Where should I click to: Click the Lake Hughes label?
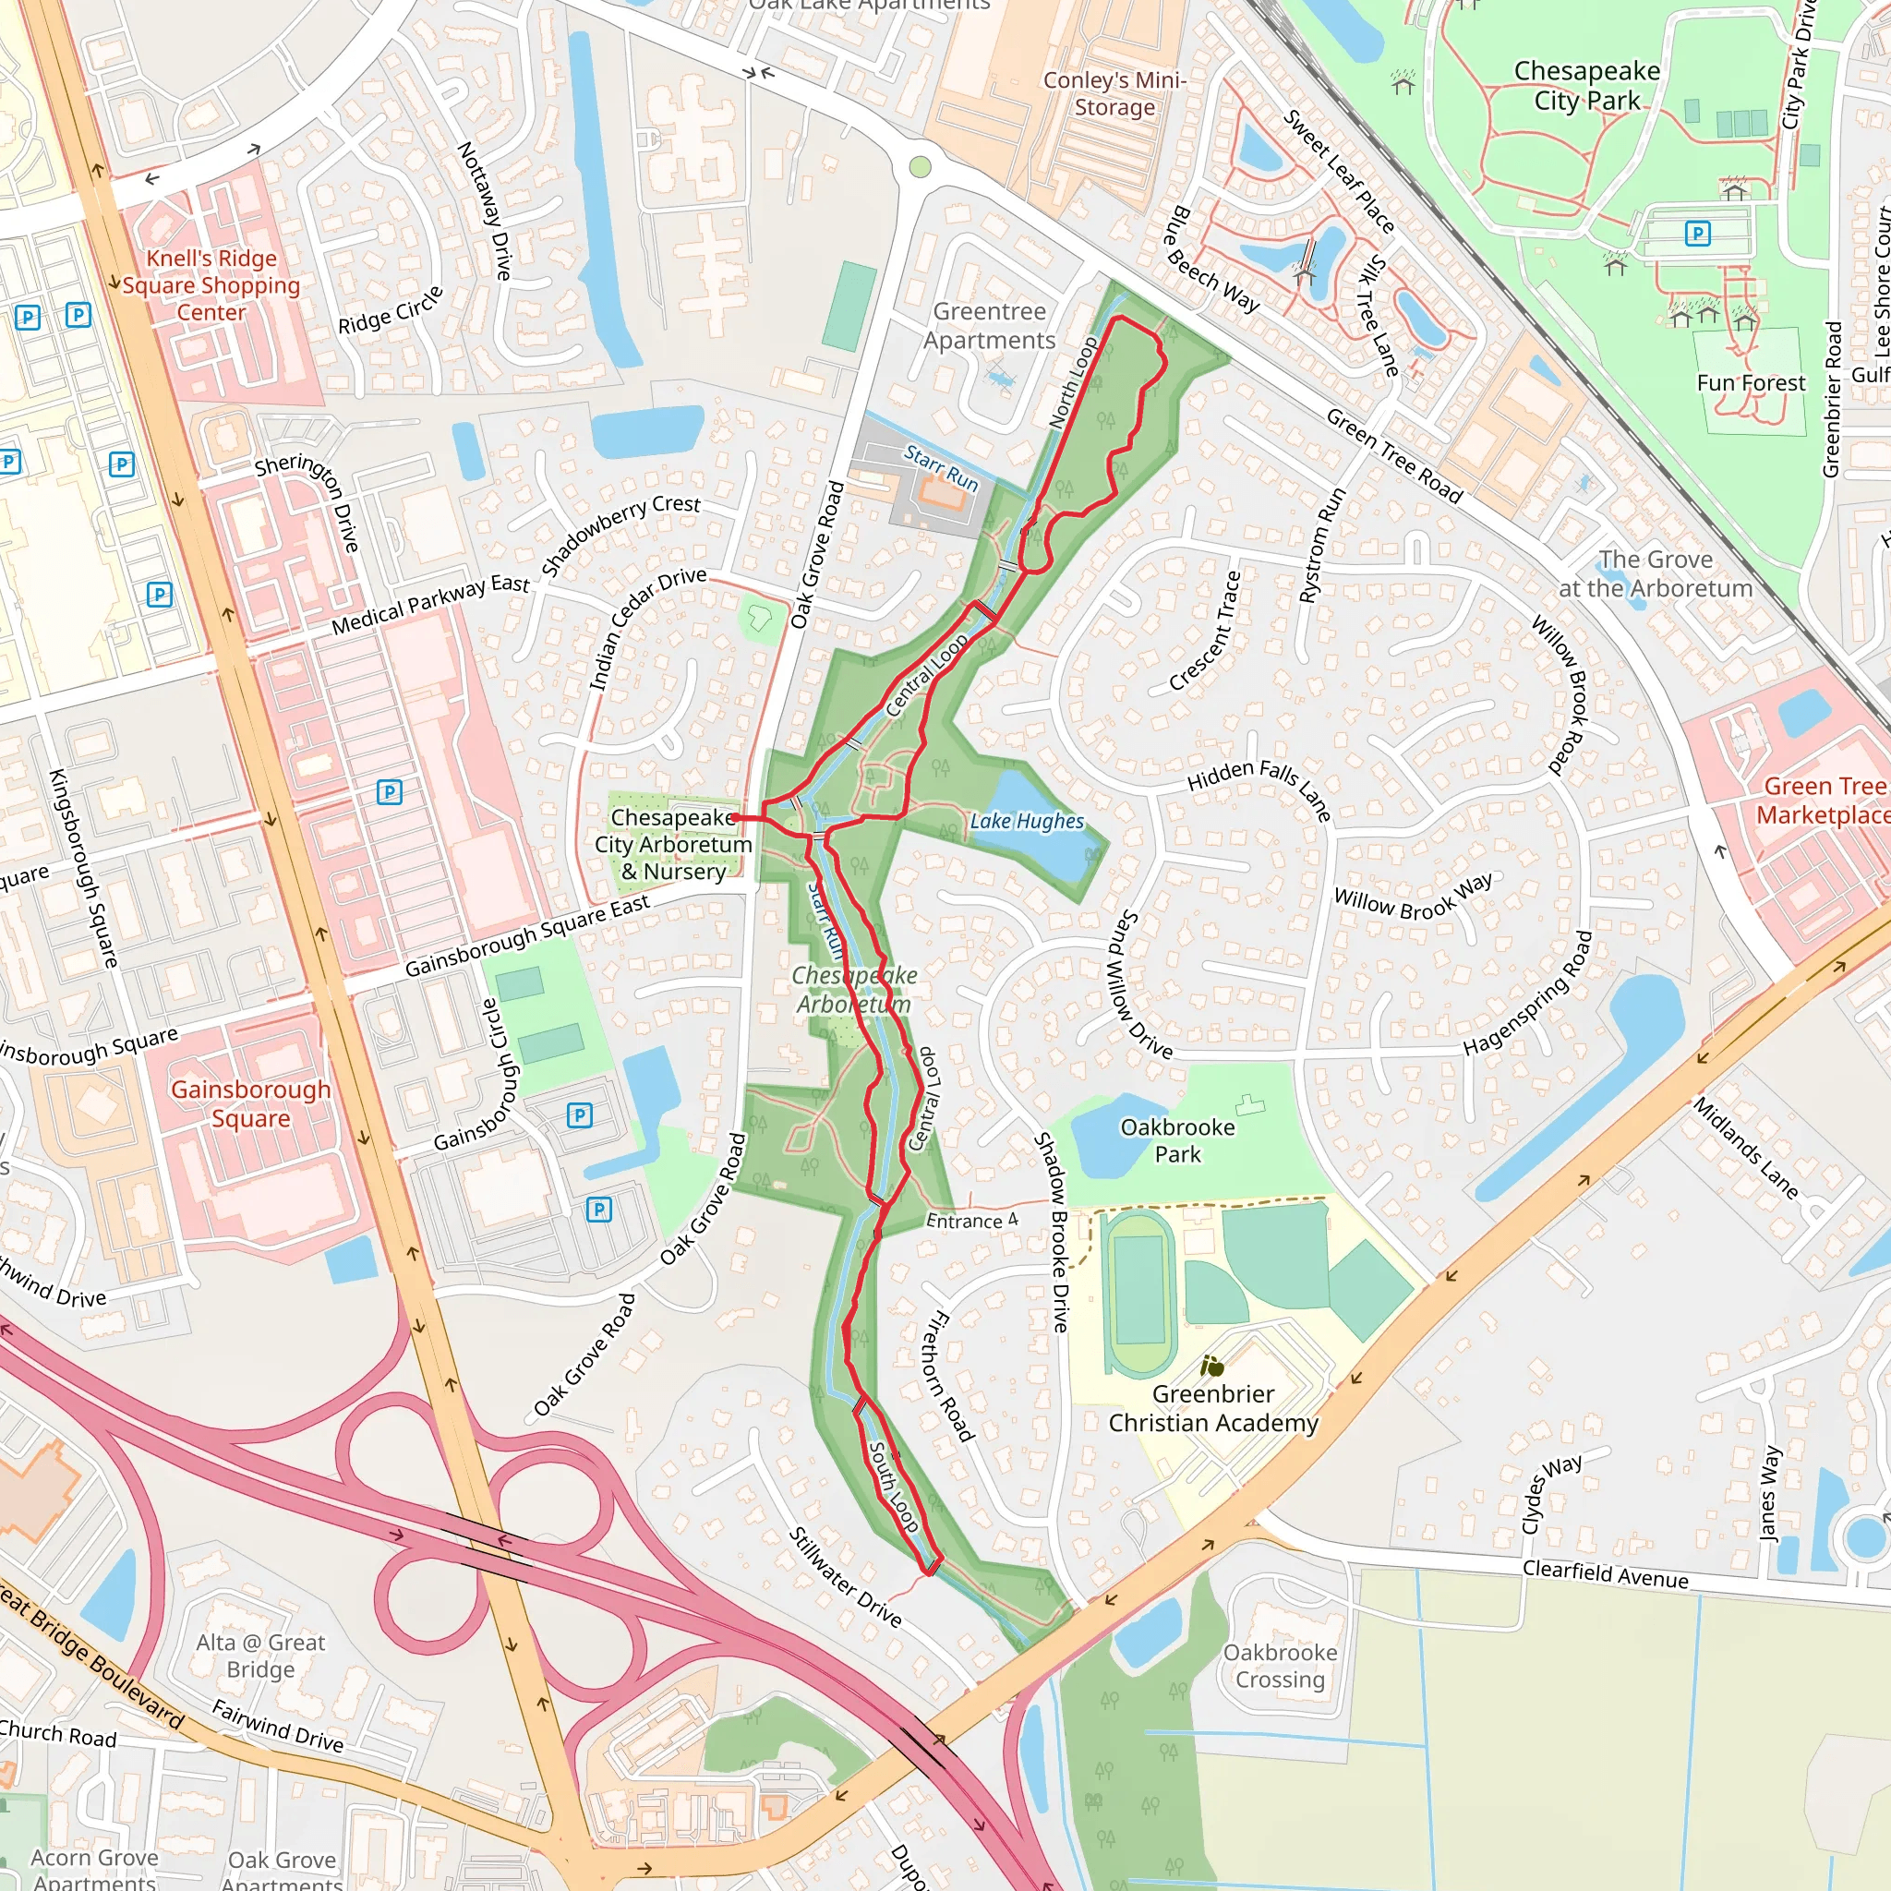click(x=1026, y=821)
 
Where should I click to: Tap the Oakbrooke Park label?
click(x=1176, y=1140)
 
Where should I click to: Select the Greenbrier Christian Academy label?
click(x=1212, y=1407)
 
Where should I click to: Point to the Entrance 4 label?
click(x=971, y=1221)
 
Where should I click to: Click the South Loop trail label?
click(x=894, y=1487)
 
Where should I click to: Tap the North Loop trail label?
click(x=1074, y=382)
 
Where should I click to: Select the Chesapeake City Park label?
click(x=1585, y=85)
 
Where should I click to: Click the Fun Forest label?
click(x=1750, y=382)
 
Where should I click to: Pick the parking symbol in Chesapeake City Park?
click(x=1697, y=233)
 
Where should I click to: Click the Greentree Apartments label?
click(x=989, y=325)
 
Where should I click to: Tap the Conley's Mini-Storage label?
click(x=1114, y=93)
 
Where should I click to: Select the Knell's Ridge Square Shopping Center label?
click(x=211, y=284)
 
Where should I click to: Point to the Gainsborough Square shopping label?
click(x=250, y=1103)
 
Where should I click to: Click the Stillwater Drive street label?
click(x=845, y=1576)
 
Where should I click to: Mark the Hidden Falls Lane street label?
click(x=1259, y=789)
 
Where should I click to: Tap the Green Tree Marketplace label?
click(x=1822, y=800)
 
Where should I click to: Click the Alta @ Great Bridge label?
click(x=260, y=1656)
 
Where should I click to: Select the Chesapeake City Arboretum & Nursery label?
click(x=673, y=844)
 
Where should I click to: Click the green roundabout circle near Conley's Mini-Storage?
click(x=919, y=166)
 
